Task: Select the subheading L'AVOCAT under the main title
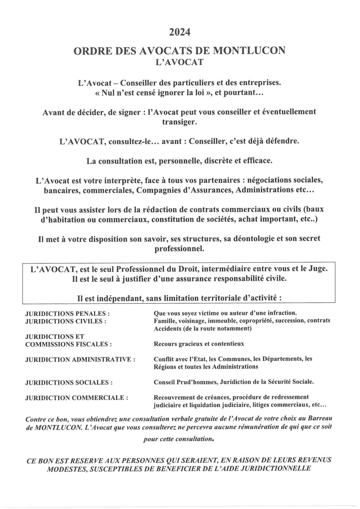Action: [x=180, y=62]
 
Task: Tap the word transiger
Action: [x=180, y=121]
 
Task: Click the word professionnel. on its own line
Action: [x=180, y=249]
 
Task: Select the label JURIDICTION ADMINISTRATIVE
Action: [x=80, y=360]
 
